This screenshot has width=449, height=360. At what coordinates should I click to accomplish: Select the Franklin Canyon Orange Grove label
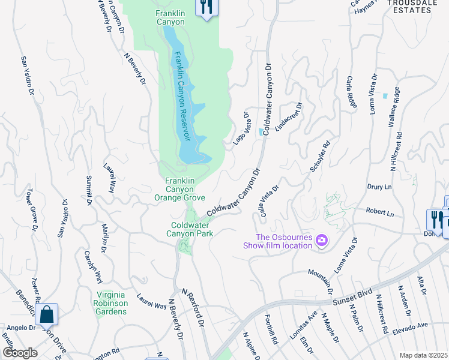pos(180,189)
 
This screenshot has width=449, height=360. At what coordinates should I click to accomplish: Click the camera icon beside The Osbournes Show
pos(322,241)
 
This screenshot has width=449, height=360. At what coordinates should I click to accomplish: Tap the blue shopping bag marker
pos(46,314)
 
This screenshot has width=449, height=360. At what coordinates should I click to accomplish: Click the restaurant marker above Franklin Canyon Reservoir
pos(206,8)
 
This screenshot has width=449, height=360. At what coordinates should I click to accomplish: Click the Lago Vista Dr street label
pos(241,128)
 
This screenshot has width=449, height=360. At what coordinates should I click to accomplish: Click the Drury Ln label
pos(379,187)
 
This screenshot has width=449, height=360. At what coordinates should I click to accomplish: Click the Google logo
pos(19,353)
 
